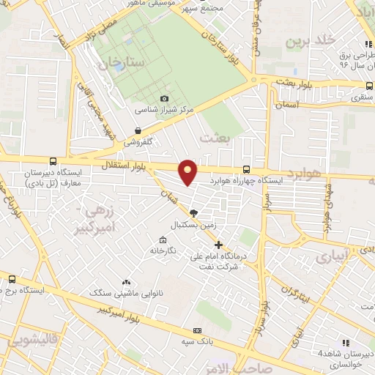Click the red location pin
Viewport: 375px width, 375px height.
tap(188, 171)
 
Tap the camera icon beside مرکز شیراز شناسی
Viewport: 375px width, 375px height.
tap(164, 99)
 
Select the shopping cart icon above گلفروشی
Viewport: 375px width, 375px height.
tap(138, 130)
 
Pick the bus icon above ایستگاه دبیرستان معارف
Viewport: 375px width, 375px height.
tap(52, 162)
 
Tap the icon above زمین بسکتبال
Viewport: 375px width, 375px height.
tap(193, 213)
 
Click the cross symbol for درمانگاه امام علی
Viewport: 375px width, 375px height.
tap(218, 245)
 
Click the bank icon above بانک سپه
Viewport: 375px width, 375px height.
tap(198, 330)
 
